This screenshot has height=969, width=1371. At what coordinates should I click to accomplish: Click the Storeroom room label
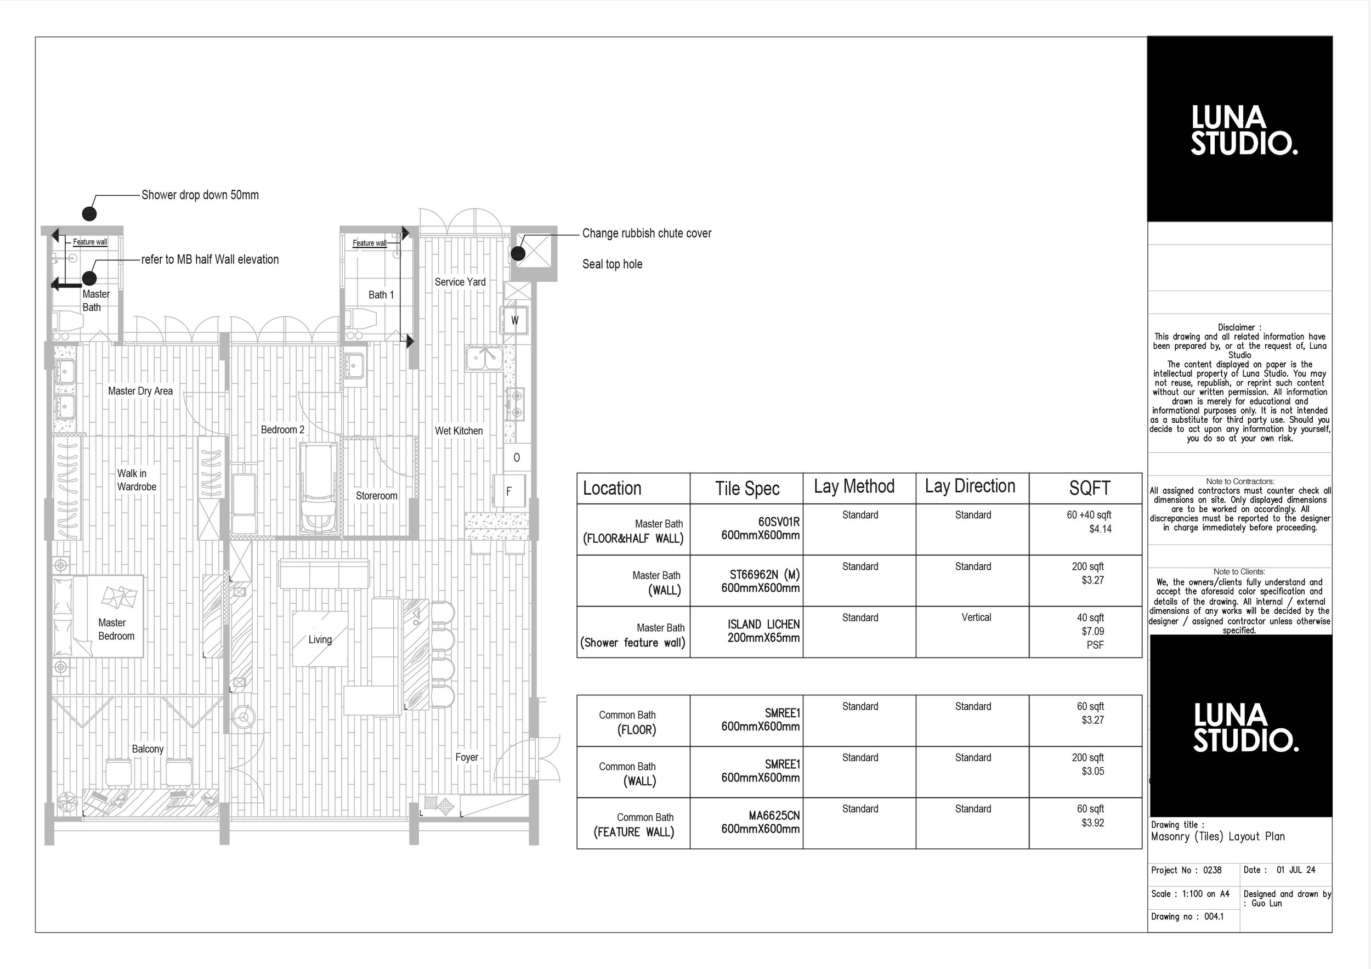tap(376, 496)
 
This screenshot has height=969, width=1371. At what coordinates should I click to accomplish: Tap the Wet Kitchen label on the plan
tap(458, 430)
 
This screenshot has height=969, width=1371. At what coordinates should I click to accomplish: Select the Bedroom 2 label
tap(282, 429)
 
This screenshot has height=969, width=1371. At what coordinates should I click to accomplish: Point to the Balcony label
tap(148, 749)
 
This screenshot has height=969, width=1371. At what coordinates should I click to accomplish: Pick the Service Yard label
tap(460, 282)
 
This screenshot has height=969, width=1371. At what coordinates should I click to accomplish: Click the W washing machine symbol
tap(515, 320)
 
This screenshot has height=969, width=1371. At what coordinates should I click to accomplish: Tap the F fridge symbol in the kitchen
tap(509, 491)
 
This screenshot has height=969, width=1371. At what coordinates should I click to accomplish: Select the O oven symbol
tap(517, 457)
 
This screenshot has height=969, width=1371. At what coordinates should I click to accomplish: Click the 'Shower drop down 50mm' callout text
tap(200, 195)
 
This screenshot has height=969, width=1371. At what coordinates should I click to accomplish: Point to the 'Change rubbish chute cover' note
tap(647, 233)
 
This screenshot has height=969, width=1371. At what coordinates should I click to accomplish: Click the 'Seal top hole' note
tap(612, 264)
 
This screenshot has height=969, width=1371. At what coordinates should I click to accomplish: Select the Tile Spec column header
tap(747, 489)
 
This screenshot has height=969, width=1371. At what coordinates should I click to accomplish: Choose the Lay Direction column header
tap(970, 486)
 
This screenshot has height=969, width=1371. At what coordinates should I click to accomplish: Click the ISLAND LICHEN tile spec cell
tap(763, 631)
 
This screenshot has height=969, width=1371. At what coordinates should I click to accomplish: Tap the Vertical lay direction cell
tap(976, 617)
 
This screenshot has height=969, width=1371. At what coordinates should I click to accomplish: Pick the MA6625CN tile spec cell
tap(760, 822)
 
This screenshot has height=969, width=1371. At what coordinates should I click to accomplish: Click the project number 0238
tap(1212, 870)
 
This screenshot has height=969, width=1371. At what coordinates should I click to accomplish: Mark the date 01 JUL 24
tap(1296, 870)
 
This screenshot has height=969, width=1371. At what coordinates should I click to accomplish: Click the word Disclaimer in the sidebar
tap(1236, 327)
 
